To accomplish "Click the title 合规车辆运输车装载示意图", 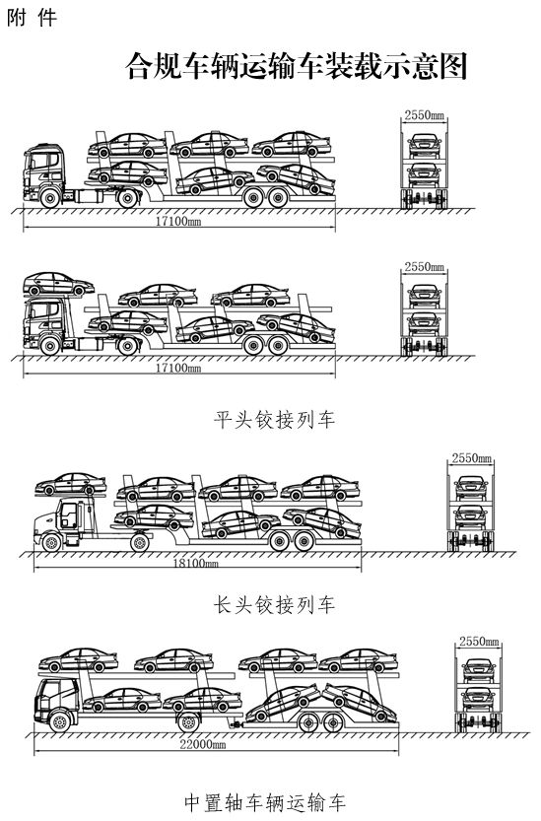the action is [296, 66].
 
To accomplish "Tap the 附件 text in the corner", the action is [32, 18].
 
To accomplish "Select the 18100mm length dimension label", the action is [196, 564].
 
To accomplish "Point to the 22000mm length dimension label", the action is [203, 744].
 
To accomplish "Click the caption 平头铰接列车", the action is [274, 420].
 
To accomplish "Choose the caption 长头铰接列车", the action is [274, 605].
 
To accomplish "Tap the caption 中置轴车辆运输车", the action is [265, 802].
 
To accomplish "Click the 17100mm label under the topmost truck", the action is [178, 221].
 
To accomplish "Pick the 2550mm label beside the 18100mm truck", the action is [472, 458].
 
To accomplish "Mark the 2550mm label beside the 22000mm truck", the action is [479, 641].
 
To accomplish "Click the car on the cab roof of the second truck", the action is [58, 284].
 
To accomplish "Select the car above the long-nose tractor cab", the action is [71, 484].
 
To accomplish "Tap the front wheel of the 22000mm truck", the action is [60, 721].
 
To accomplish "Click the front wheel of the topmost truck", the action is [49, 198].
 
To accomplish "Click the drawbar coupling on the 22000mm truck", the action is [236, 724].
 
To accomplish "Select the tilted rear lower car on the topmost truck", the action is [296, 178].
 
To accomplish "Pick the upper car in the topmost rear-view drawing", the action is [424, 145].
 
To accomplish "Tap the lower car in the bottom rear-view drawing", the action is [479, 699].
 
